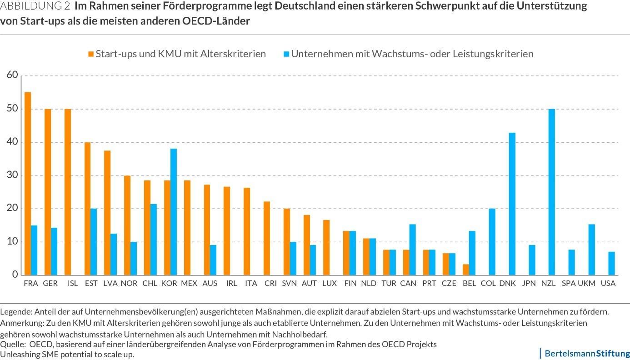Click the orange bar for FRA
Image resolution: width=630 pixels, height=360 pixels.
28,184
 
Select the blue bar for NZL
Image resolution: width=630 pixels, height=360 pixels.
551,192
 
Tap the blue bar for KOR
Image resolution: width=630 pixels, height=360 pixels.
174,212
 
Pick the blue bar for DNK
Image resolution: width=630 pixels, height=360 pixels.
512,204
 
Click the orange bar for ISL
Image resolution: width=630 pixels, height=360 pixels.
68,192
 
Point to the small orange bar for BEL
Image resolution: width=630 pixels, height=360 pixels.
466,270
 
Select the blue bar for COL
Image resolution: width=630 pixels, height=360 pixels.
492,242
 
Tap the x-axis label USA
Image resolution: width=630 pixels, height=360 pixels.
608,283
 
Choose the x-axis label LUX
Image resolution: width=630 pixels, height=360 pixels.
329,283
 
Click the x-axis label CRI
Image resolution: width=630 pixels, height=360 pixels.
270,283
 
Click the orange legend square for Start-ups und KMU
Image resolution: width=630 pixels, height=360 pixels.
91,54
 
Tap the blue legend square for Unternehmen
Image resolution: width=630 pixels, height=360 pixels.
286,54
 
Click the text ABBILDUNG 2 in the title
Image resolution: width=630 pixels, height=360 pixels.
35,7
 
